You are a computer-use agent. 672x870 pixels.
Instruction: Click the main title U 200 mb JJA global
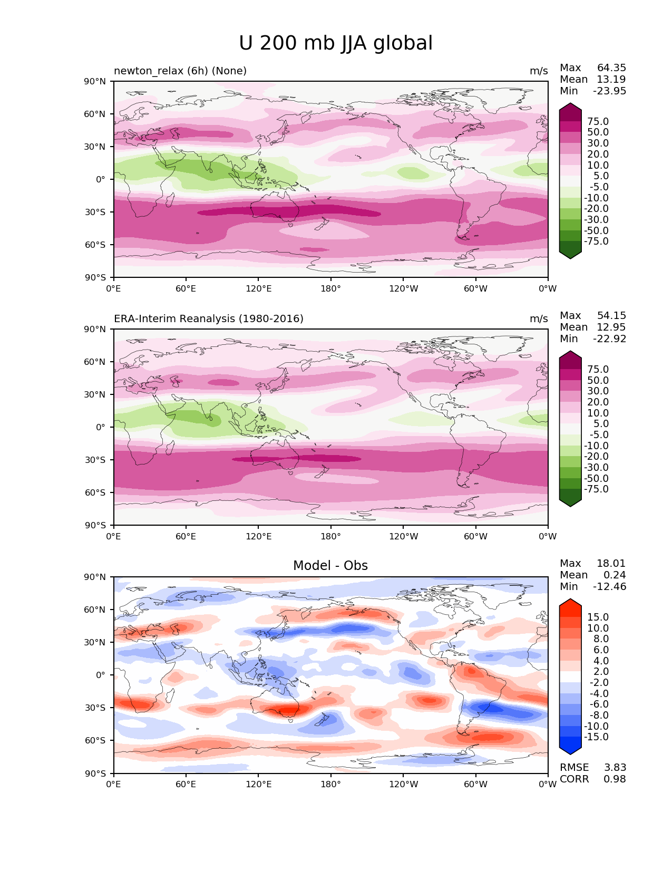pyautogui.click(x=336, y=43)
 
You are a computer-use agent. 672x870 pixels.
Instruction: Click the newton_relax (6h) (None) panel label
pyautogui.click(x=180, y=71)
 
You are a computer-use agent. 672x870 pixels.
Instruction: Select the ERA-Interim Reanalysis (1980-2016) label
pyautogui.click(x=209, y=318)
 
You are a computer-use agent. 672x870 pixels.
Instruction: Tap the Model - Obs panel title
pyautogui.click(x=330, y=566)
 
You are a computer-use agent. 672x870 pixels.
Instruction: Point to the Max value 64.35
pyautogui.click(x=611, y=67)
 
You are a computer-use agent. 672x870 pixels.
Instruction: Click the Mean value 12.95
pyautogui.click(x=611, y=327)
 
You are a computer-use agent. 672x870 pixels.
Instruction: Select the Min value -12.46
pyautogui.click(x=610, y=586)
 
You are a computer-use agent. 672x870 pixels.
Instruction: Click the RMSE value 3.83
pyautogui.click(x=615, y=767)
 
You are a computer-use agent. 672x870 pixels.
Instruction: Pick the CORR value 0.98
pyautogui.click(x=615, y=779)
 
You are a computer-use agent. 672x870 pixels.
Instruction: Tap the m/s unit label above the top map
pyautogui.click(x=539, y=71)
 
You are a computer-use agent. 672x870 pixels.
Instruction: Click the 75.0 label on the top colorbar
pyautogui.click(x=598, y=121)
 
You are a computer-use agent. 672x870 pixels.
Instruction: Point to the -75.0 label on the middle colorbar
pyautogui.click(x=596, y=489)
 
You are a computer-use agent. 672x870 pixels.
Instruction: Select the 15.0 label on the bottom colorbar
pyautogui.click(x=598, y=617)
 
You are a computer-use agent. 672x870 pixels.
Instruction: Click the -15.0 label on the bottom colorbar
pyautogui.click(x=596, y=737)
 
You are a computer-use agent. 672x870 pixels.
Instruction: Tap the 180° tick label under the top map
pyautogui.click(x=330, y=288)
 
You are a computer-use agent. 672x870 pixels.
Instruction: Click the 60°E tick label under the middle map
pyautogui.click(x=186, y=536)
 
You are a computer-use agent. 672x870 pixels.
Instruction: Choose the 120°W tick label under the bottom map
pyautogui.click(x=403, y=784)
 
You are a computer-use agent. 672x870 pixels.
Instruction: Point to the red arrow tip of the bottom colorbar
pyautogui.click(x=570, y=601)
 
